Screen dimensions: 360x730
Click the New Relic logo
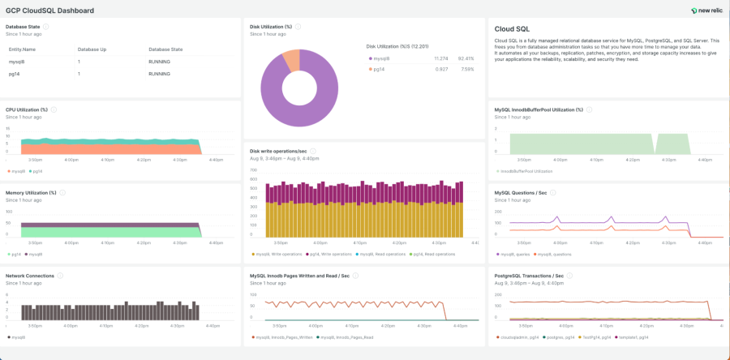[x=706, y=11]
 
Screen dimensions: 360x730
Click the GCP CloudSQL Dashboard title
[x=49, y=11]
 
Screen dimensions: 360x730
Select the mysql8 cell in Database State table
[x=17, y=62]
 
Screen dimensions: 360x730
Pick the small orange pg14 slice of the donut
[x=290, y=58]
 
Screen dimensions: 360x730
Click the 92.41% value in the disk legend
[x=466, y=58]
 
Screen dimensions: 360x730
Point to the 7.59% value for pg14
[x=466, y=69]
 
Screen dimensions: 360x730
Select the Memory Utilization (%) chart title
[x=31, y=193]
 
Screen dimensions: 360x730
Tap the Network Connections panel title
[x=30, y=276]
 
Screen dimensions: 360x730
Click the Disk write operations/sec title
[x=278, y=151]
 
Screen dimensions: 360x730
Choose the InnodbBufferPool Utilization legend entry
[x=525, y=171]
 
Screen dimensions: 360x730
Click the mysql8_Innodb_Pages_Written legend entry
[x=284, y=336]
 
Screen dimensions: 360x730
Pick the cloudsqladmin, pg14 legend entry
[x=517, y=336]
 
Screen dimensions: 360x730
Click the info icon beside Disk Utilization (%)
[x=298, y=26]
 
